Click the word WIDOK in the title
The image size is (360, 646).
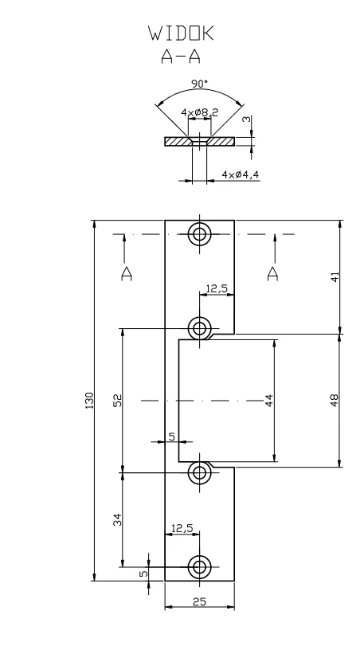(x=182, y=33)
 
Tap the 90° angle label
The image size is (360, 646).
(x=200, y=84)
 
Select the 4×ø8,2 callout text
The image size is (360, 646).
(x=200, y=112)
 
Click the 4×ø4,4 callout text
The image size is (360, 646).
(x=241, y=174)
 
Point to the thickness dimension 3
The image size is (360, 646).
(x=247, y=119)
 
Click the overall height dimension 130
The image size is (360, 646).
(x=89, y=401)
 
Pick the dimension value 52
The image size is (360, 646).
(x=117, y=401)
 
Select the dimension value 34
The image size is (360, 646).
(x=117, y=519)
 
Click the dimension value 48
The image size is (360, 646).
(x=335, y=401)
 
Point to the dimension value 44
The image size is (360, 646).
(x=269, y=401)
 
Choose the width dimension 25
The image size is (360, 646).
(x=200, y=601)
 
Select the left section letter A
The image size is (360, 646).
(x=127, y=273)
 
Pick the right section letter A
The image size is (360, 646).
(x=272, y=273)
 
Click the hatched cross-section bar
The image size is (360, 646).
(x=178, y=141)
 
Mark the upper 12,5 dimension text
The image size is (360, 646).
(x=217, y=288)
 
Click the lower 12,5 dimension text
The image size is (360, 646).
(x=182, y=528)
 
